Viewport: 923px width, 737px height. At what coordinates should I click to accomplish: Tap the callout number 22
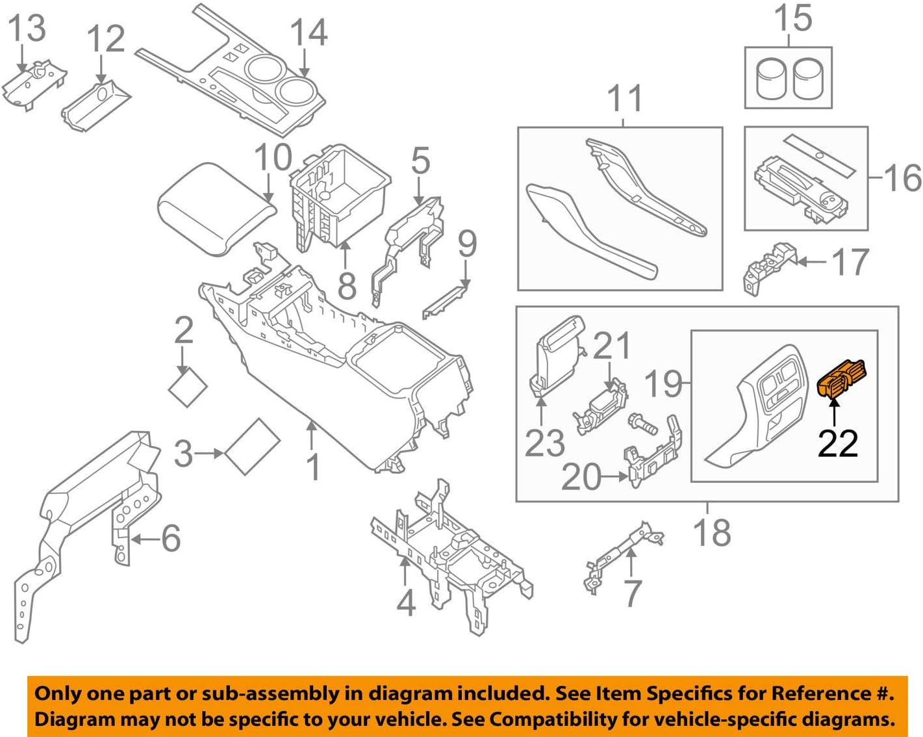(837, 444)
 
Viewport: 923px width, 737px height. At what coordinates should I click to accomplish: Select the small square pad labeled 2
(188, 388)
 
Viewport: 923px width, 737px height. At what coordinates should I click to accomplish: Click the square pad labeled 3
(253, 447)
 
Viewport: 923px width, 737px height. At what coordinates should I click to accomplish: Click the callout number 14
(309, 32)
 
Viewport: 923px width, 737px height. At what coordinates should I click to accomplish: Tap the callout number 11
(624, 99)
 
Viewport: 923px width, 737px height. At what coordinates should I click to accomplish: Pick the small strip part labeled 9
(446, 301)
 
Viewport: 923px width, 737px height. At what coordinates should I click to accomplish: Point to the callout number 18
(712, 532)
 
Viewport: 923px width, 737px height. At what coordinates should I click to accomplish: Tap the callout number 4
(406, 604)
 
